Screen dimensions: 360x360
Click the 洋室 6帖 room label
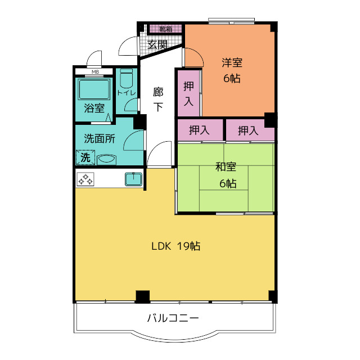point(231,71)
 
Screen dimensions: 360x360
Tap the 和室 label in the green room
point(226,166)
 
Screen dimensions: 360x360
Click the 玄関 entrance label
point(157,44)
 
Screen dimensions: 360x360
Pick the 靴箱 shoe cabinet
point(165,28)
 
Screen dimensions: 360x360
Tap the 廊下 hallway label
point(159,99)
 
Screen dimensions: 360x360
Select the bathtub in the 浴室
point(94,89)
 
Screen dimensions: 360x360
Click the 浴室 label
point(94,109)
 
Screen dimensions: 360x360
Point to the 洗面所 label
point(100,139)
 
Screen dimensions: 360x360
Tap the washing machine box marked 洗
point(85,157)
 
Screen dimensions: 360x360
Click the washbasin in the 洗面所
point(106,159)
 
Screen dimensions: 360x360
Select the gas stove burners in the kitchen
point(86,179)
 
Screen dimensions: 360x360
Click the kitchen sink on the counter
point(133,179)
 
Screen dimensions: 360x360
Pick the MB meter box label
point(95,72)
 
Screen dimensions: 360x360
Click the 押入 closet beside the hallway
point(188,93)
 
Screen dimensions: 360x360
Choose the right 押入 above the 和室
point(248,130)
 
